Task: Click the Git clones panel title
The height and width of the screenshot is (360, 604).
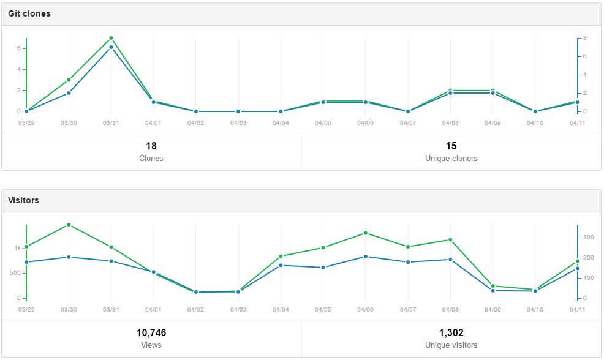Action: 29,13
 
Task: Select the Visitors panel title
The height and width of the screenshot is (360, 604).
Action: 23,200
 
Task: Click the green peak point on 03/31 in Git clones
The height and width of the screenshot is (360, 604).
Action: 111,38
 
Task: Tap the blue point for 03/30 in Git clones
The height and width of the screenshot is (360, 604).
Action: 69,93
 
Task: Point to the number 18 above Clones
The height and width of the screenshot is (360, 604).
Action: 151,146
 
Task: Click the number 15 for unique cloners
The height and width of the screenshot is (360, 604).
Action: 451,146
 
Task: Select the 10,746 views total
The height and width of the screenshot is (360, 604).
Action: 151,333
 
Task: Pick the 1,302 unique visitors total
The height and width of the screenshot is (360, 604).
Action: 451,333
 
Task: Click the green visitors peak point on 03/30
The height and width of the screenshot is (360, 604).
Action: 69,225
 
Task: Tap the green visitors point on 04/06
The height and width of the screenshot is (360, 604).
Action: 365,233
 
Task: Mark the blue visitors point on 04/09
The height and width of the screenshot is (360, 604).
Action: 493,291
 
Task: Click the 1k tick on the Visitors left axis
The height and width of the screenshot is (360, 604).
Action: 18,248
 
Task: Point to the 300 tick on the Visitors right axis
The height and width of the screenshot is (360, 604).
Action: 588,237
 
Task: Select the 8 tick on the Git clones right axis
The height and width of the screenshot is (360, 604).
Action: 585,38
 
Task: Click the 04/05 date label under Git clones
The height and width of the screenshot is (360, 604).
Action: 323,122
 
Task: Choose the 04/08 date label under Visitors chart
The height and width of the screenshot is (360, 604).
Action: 450,310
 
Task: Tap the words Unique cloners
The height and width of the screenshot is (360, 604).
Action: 451,158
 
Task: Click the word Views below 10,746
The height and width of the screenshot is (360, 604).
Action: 151,345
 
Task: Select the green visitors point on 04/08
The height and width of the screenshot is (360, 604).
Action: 450,240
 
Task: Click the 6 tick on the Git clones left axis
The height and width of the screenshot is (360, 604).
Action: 19,48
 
